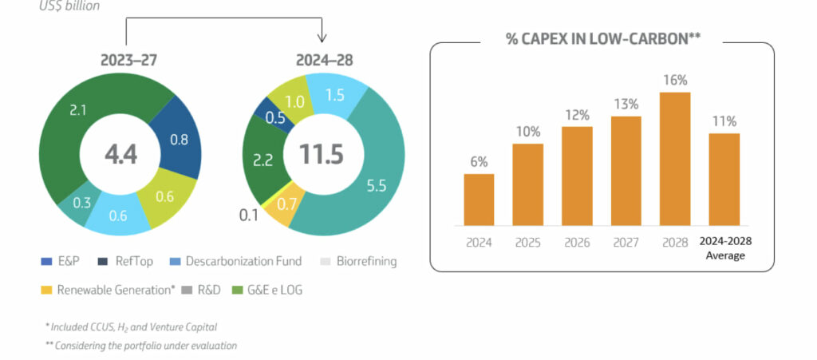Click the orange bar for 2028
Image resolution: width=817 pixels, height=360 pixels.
point(674,160)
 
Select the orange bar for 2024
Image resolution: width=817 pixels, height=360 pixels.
point(479,200)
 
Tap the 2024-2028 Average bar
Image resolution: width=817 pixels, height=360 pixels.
point(724,180)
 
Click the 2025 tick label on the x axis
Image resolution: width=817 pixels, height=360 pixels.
point(527,242)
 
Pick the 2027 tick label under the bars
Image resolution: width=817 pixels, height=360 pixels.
point(626,242)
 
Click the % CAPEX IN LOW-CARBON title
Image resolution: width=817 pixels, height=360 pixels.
point(602,38)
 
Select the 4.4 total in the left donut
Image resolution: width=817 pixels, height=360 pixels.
point(119,154)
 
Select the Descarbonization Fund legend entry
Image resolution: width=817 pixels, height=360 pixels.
point(235,261)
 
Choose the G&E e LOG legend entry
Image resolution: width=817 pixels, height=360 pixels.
point(267,290)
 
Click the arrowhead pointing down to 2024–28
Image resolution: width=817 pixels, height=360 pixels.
point(322,38)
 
